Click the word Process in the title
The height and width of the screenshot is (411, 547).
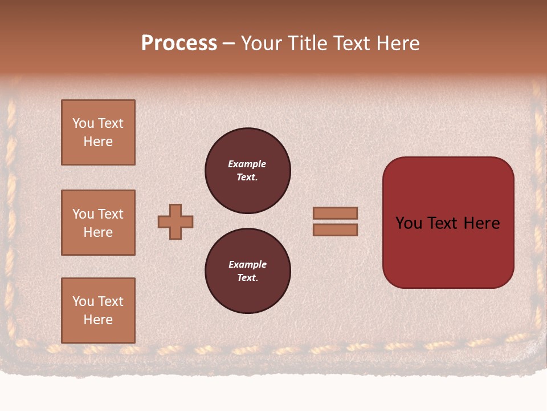pos(179,43)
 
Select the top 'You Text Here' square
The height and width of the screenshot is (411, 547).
pos(98,132)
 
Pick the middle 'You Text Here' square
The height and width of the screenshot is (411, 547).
pos(98,223)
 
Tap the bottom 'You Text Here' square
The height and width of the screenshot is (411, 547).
pos(98,311)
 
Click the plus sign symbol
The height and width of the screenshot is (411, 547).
pos(175,221)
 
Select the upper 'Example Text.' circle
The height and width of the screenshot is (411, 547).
pos(247,171)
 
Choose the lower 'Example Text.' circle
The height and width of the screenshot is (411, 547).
pos(247,271)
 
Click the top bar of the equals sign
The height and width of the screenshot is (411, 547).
pos(335,213)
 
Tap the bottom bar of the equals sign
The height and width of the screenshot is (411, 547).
pos(335,229)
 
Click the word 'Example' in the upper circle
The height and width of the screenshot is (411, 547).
pos(247,164)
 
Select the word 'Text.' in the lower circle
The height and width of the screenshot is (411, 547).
pos(247,278)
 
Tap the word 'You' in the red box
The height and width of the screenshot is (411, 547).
pos(409,223)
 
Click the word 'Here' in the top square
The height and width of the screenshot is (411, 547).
pos(98,142)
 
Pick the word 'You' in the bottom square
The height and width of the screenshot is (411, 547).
pos(83,301)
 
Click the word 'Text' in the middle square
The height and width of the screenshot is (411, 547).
pos(111,214)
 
